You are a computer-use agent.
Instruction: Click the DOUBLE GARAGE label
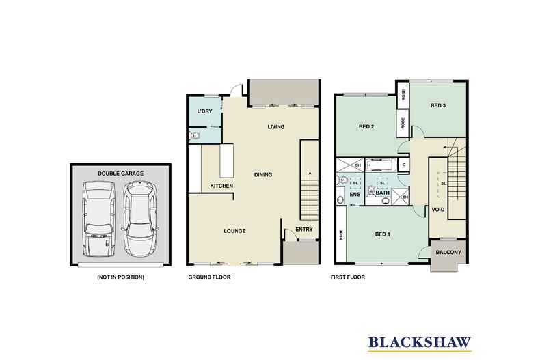tap(120, 174)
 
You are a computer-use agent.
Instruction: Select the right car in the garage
tap(139, 217)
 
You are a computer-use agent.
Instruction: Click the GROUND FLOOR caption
tap(209, 278)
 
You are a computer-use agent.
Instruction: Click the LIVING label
tap(276, 126)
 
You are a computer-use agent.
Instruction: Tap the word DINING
tap(263, 175)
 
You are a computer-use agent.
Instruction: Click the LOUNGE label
tap(234, 230)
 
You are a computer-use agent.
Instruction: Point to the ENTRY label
tap(303, 229)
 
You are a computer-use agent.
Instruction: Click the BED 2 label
tap(366, 126)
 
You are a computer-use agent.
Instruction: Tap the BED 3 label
tap(438, 105)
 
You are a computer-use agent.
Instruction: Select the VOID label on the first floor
tap(437, 210)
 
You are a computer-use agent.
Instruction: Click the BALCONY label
tap(449, 253)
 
